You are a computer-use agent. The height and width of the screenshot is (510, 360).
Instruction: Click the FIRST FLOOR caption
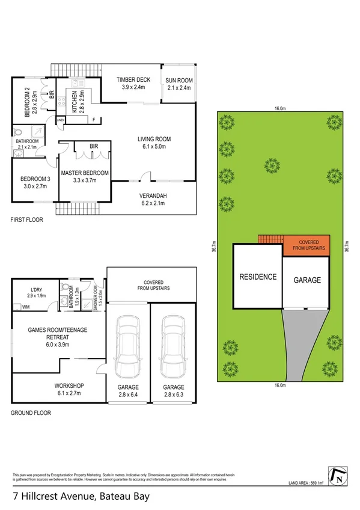click(27, 220)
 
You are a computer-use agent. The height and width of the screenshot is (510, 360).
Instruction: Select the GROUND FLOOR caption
click(31, 413)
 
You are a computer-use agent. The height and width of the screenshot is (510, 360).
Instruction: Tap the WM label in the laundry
click(25, 307)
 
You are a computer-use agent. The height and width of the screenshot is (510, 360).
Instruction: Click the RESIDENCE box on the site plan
click(258, 277)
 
